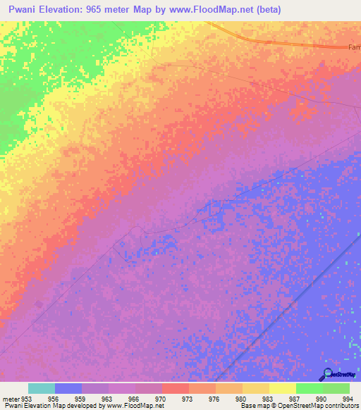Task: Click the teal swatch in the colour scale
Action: pos(42,388)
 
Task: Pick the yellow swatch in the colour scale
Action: pos(282,388)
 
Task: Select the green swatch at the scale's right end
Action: pos(336,388)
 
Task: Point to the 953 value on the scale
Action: pos(29,399)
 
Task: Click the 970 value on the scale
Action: pos(161,399)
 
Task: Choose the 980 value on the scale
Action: pos(241,399)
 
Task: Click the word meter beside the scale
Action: pos(10,399)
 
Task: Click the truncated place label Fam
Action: pos(354,47)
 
